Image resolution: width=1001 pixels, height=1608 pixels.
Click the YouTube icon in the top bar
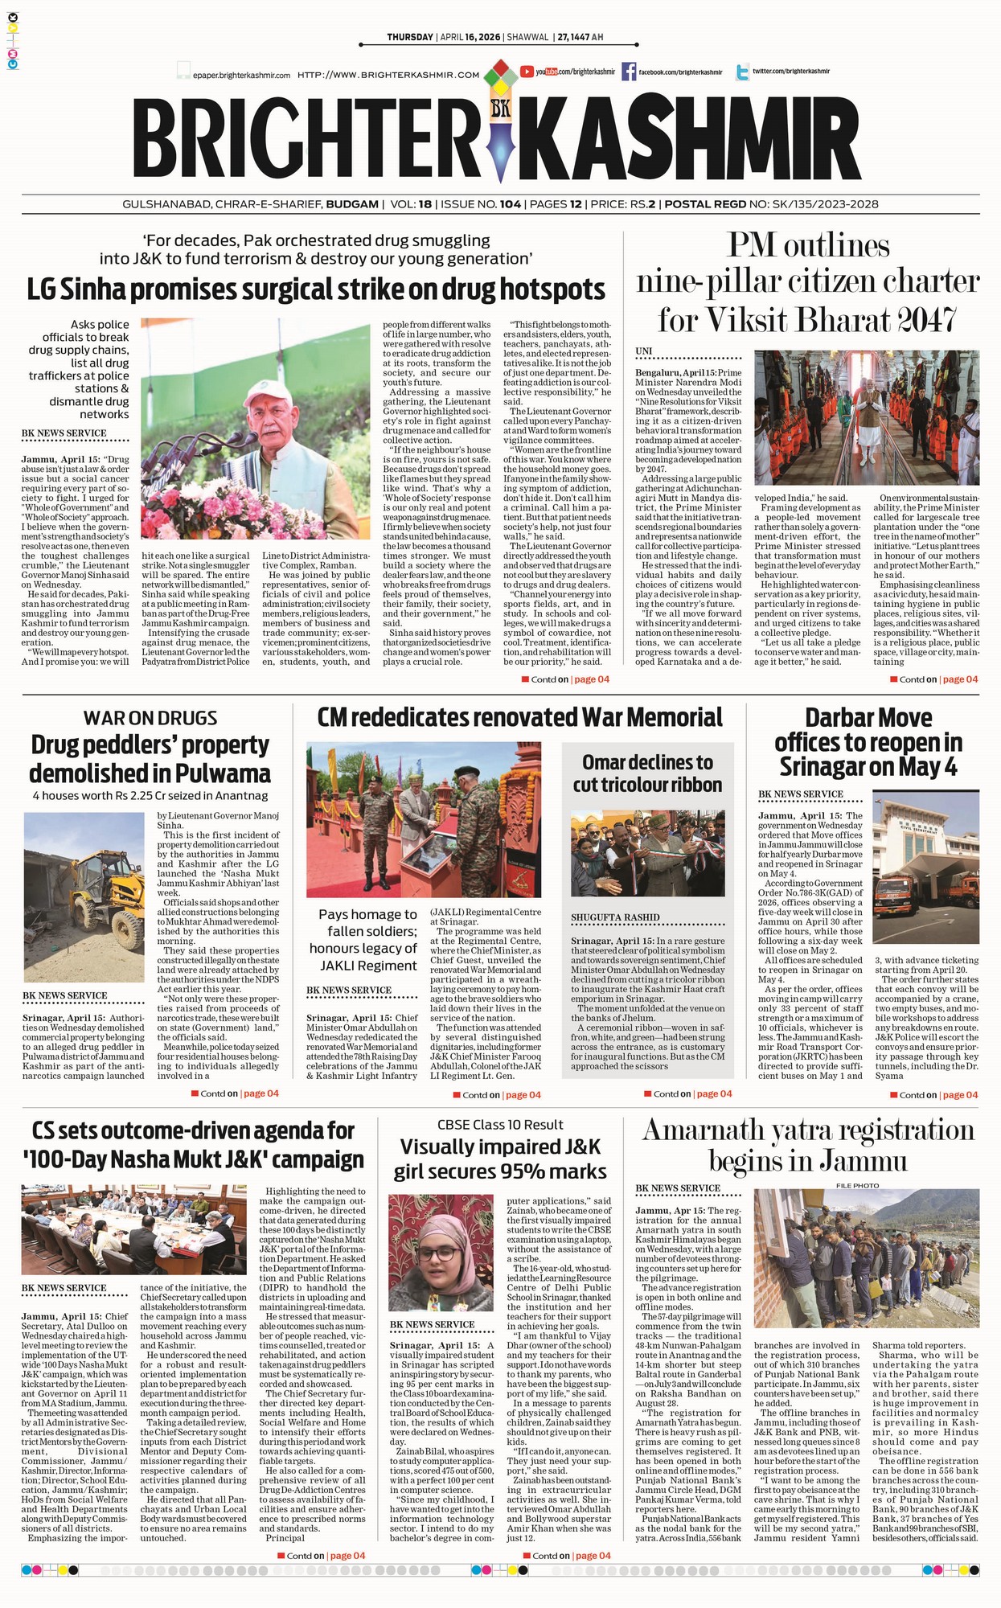(527, 72)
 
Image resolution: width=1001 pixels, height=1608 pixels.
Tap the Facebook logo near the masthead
(629, 72)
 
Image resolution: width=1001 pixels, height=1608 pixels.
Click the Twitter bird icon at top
(742, 72)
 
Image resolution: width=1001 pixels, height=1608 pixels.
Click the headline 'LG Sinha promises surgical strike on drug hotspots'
(316, 289)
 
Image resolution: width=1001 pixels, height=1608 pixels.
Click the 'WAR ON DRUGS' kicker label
(150, 718)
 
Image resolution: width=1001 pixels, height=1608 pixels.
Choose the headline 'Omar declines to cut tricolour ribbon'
(647, 773)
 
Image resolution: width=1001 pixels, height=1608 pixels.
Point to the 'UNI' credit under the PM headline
(643, 351)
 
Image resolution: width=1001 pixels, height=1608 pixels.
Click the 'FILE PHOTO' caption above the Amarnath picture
(857, 1185)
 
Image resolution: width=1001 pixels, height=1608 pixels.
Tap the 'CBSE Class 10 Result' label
(500, 1125)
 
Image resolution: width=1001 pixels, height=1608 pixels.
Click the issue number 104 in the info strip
(510, 204)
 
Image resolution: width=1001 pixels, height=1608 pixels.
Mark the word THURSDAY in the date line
(409, 37)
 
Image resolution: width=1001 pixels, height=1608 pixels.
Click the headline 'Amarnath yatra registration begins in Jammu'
(807, 1145)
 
